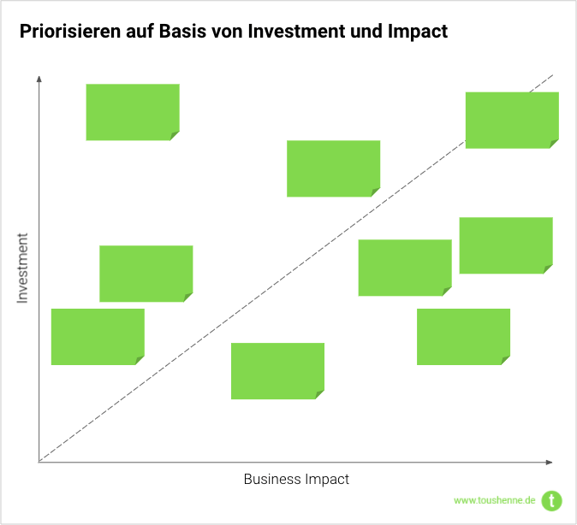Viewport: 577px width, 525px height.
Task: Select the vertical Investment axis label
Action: point(22,268)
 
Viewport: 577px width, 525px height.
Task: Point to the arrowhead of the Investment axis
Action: point(39,80)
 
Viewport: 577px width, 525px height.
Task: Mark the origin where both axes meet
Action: point(39,462)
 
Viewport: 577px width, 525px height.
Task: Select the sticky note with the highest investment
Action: point(133,111)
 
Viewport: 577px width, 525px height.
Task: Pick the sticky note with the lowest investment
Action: point(277,370)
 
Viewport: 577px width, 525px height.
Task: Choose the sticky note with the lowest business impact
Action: point(98,336)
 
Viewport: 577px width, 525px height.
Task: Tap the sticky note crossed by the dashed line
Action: point(511,120)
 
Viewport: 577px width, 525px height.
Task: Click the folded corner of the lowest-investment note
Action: point(320,395)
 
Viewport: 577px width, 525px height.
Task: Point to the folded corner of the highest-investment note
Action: point(175,136)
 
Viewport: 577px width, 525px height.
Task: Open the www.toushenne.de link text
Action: point(494,500)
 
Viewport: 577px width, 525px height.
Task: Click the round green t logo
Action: point(552,500)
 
